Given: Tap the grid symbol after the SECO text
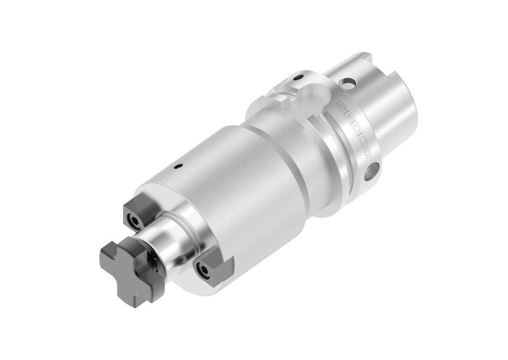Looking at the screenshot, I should pyautogui.click(x=368, y=152).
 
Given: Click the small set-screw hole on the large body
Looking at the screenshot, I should pyautogui.click(x=177, y=168).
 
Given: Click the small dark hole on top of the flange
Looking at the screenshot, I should pyautogui.click(x=297, y=77).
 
